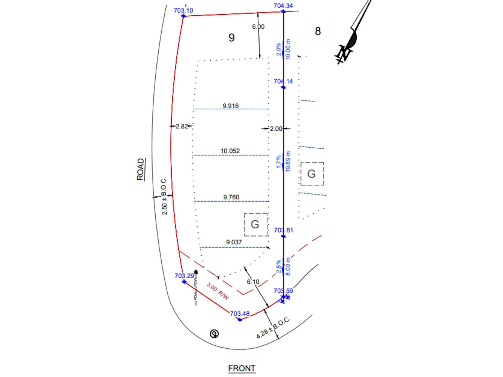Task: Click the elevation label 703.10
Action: (183, 10)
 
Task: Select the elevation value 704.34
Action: (283, 5)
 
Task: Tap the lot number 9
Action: (231, 38)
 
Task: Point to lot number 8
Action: (318, 31)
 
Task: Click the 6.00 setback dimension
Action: (258, 27)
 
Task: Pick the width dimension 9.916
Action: (231, 106)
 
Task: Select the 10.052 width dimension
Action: (230, 151)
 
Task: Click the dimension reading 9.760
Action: (231, 197)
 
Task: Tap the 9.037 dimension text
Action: (234, 242)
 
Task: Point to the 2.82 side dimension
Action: (182, 126)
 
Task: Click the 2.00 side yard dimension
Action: (276, 128)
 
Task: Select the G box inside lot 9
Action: (255, 224)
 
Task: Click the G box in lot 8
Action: (312, 174)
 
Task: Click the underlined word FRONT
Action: (242, 368)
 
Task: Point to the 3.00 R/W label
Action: (218, 291)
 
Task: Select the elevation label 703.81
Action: (283, 230)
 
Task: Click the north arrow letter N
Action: (344, 53)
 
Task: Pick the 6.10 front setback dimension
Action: (253, 281)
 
